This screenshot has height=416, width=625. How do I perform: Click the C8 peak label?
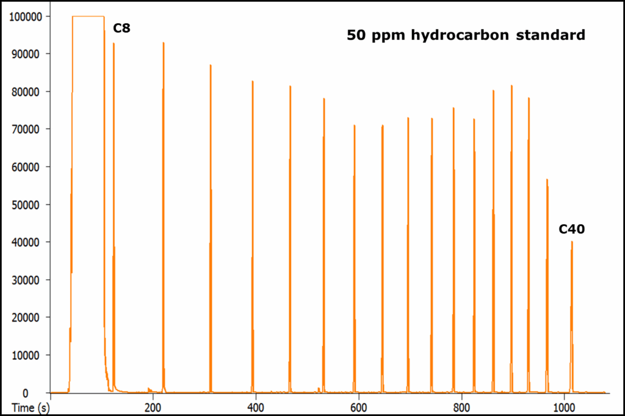[121, 28]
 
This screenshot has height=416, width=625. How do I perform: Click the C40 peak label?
[572, 230]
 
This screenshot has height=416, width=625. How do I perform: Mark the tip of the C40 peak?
[572, 242]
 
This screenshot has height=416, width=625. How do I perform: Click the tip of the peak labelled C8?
[114, 43]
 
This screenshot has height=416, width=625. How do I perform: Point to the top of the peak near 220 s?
[164, 43]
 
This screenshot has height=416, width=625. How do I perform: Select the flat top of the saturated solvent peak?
[88, 16]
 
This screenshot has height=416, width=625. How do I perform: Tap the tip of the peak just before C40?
[547, 180]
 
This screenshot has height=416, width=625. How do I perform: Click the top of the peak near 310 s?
[211, 65]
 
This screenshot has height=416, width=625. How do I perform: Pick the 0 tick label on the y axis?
[42, 393]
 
